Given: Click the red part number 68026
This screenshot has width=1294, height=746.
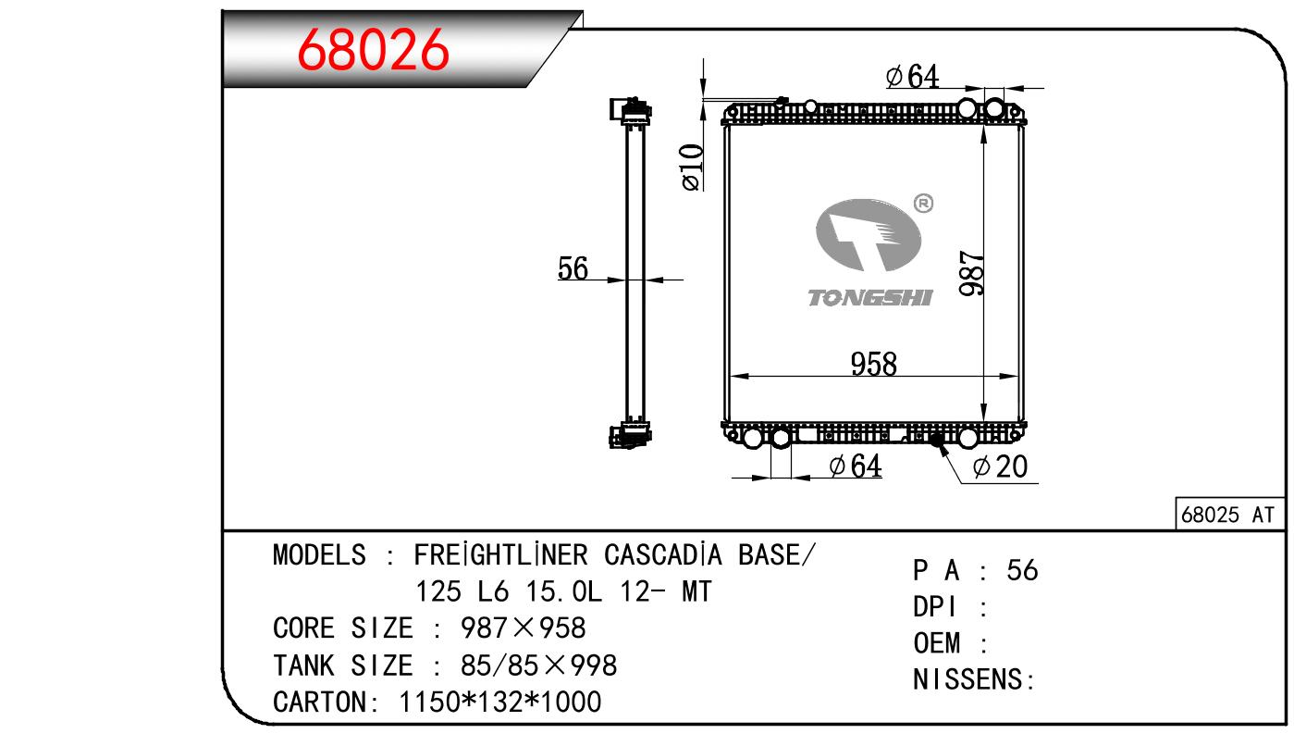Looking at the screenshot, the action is click(373, 50).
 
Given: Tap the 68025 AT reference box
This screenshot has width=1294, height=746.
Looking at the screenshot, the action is click(1230, 514).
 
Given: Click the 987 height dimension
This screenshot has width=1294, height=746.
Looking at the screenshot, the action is click(972, 273).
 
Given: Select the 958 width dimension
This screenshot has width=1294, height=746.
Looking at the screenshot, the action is click(874, 364).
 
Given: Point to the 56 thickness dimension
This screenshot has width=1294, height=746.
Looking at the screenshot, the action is click(573, 268).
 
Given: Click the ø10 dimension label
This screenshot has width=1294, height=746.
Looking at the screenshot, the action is click(692, 167).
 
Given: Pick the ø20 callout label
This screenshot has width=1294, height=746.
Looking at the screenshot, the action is click(1001, 466).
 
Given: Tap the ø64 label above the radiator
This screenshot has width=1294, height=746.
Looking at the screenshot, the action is click(913, 76).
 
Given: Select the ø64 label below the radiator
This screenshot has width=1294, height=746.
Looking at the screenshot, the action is click(856, 466).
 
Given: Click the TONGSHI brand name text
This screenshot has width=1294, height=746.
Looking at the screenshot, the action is click(870, 298).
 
